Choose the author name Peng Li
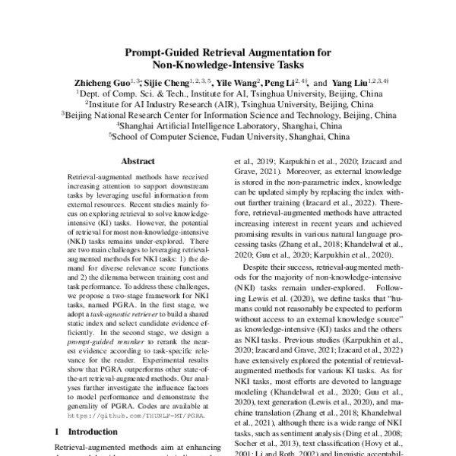tap(283, 82)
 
